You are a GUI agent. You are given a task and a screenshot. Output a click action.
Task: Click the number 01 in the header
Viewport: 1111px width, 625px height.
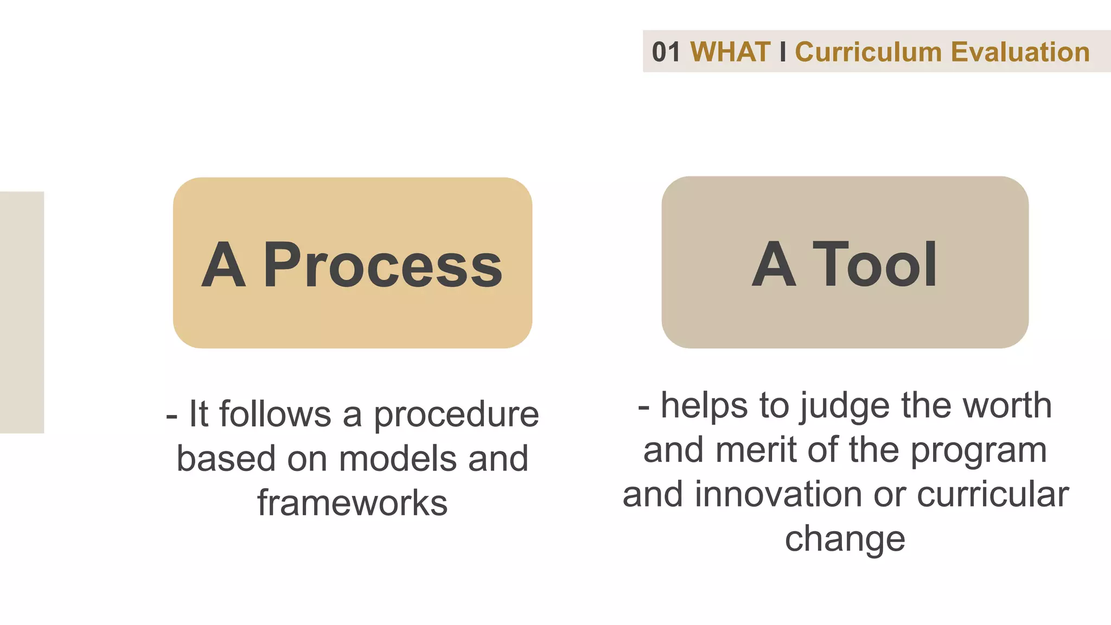pyautogui.click(x=666, y=52)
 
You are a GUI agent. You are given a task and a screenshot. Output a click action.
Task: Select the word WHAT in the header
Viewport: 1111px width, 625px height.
pyautogui.click(x=730, y=52)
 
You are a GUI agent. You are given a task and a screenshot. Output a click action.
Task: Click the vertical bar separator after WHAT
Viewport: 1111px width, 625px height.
pyautogui.click(x=782, y=52)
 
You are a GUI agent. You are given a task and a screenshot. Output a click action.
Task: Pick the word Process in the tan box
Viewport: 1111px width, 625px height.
pyautogui.click(x=383, y=265)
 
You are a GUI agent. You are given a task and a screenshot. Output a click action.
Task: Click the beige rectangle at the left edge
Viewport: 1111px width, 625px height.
pyautogui.click(x=22, y=312)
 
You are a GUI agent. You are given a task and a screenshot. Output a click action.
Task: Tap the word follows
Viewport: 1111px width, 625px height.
pyautogui.click(x=275, y=414)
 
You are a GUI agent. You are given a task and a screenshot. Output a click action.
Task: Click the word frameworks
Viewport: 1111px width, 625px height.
pyautogui.click(x=353, y=503)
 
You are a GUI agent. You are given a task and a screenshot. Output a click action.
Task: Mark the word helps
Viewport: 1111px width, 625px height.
pyautogui.click(x=704, y=406)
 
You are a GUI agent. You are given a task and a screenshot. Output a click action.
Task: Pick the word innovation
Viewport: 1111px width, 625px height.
pyautogui.click(x=779, y=494)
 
